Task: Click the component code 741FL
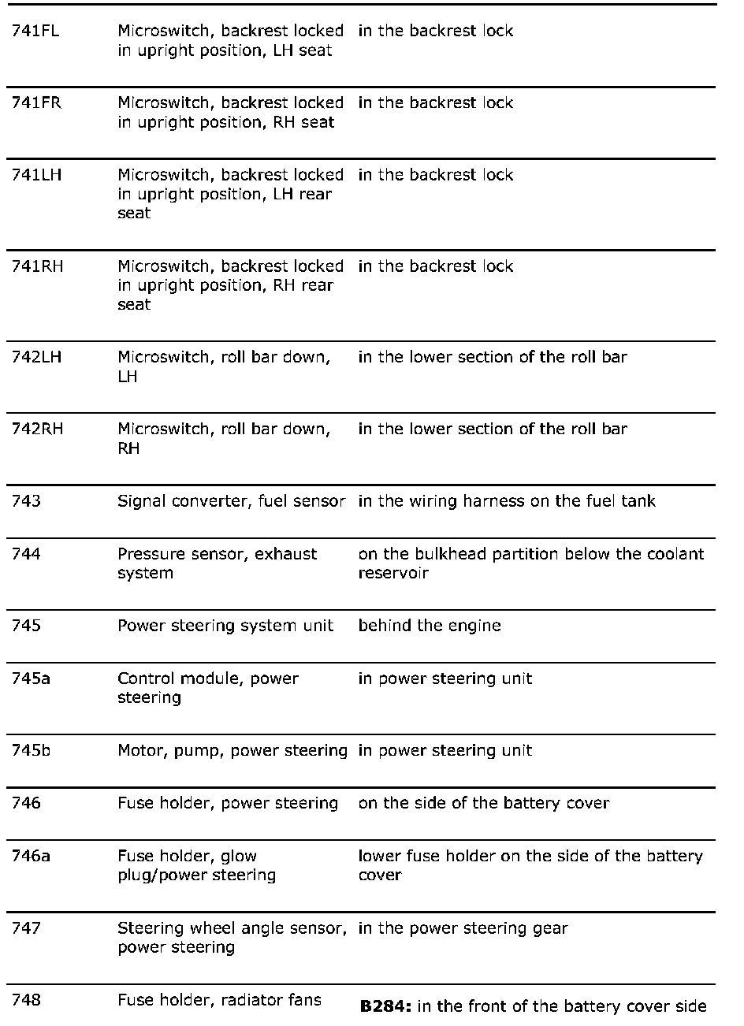35,32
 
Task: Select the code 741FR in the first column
36,103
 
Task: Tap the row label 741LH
36,175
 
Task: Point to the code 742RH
37,429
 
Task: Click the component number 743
26,501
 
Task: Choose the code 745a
31,678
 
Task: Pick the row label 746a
31,856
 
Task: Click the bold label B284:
385,1006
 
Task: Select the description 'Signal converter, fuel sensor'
231,501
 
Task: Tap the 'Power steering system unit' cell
225,626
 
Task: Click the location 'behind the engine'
430,626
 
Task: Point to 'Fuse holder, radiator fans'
219,1000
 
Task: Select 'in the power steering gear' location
463,928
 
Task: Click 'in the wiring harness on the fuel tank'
507,501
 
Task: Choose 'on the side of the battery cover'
484,803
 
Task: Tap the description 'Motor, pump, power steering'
232,750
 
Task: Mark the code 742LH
36,358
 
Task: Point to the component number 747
26,928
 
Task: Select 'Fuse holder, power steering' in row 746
228,803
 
